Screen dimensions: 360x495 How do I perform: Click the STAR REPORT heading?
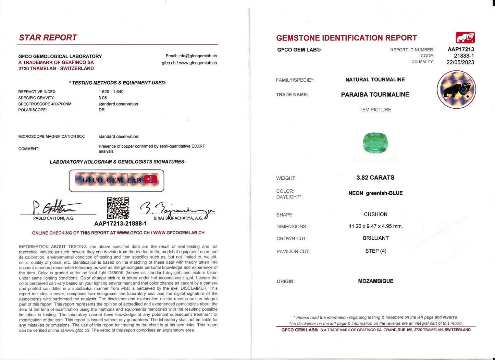pos(48,37)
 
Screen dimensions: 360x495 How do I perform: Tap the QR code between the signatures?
pos(118,208)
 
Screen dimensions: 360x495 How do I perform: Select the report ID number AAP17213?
pos(461,49)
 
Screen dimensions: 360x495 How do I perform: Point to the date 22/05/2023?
pos(460,62)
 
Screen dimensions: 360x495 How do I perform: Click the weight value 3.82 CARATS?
pos(375,178)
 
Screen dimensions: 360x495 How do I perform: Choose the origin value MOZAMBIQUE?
pos(375,281)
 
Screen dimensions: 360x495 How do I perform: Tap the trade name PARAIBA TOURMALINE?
pos(375,95)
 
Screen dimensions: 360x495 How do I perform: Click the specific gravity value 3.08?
pos(103,98)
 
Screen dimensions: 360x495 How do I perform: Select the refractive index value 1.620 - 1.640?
pos(111,92)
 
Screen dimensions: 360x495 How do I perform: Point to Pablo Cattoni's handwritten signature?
pos(55,208)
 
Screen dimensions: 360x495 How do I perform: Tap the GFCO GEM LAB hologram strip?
pos(116,180)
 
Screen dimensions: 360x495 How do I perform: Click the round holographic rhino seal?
pos(456,90)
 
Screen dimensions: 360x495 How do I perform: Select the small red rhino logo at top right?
pos(465,37)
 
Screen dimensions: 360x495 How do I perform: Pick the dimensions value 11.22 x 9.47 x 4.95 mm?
pos(375,226)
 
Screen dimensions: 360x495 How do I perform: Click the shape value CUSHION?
pos(375,214)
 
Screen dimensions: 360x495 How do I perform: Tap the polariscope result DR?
pos(102,110)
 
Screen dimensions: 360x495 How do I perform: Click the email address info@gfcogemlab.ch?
pos(191,56)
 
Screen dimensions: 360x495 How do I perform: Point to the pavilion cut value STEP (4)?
pos(375,251)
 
